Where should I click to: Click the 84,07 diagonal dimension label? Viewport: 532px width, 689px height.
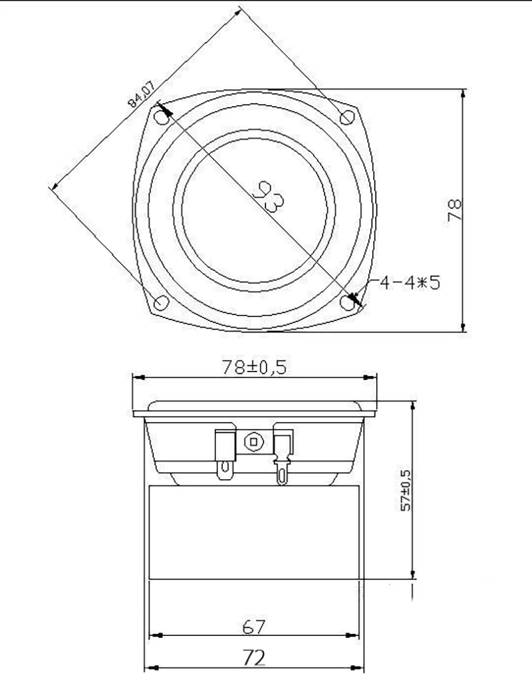coord(141,94)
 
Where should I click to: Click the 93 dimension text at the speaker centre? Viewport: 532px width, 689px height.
coord(269,195)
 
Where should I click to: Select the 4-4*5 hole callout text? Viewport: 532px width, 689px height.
coord(410,282)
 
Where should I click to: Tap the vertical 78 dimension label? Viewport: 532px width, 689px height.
coord(455,209)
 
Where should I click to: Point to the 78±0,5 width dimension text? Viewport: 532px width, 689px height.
coord(254,367)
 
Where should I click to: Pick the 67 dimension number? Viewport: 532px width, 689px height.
coord(254,627)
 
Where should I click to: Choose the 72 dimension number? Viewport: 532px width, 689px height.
coord(254,658)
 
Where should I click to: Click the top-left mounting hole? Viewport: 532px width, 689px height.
coord(163,118)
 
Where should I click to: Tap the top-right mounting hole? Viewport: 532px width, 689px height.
coord(347,117)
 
